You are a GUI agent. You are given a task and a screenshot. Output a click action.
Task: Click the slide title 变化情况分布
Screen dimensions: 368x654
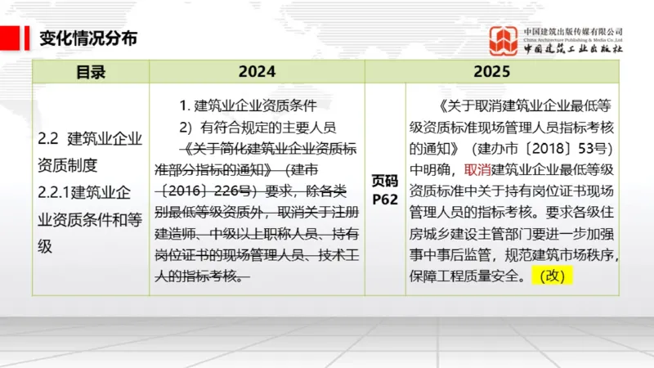pos(88,38)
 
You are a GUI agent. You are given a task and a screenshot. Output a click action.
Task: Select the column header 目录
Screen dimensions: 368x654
pos(91,72)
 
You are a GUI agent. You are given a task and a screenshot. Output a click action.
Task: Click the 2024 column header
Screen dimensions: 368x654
pos(258,72)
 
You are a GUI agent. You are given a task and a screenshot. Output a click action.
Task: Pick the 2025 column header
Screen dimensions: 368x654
pos(491,72)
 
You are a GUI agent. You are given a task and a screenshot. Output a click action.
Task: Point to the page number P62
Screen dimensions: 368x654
pos(384,199)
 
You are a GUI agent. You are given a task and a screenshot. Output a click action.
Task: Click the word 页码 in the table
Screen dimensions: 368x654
pos(385,182)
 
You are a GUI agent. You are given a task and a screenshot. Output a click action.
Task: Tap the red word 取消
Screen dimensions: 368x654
pos(477,170)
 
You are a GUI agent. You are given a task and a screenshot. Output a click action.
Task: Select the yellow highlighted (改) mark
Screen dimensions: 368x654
pos(553,276)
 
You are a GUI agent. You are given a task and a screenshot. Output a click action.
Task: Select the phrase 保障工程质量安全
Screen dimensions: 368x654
pos(467,276)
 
